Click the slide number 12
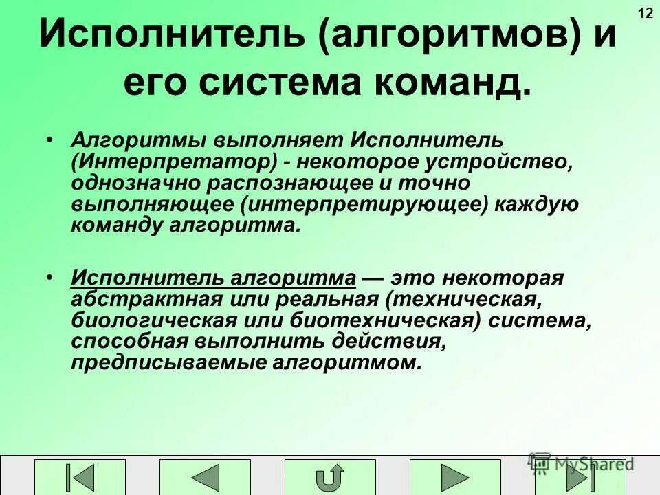point(646,13)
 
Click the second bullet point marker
point(51,277)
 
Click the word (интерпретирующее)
point(364,205)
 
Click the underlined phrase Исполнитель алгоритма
point(213,279)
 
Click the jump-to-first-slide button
point(80,477)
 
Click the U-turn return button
point(330,477)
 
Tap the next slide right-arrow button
point(455,477)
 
